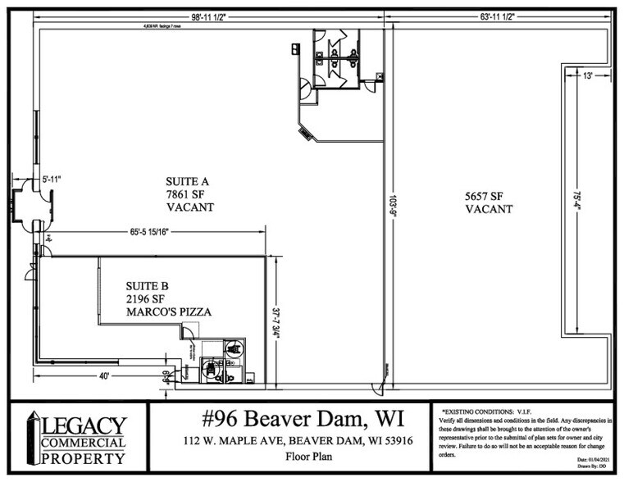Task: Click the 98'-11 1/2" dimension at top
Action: pos(198,16)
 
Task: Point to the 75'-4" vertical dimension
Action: pos(577,201)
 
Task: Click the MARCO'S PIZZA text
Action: pos(169,312)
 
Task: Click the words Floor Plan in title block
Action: pos(290,459)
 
